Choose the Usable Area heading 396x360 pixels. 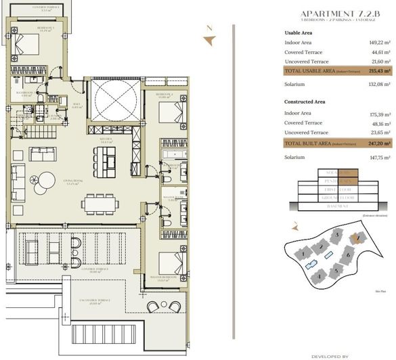[300, 32]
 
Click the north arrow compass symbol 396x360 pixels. [211, 38]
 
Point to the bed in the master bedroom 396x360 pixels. [173, 259]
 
